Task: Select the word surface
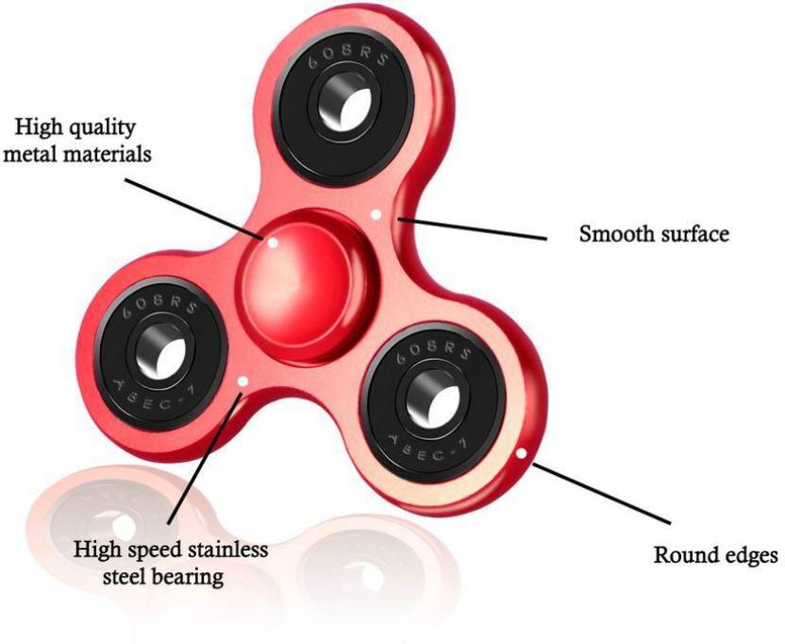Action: click(693, 233)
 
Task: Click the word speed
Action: click(156, 550)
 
